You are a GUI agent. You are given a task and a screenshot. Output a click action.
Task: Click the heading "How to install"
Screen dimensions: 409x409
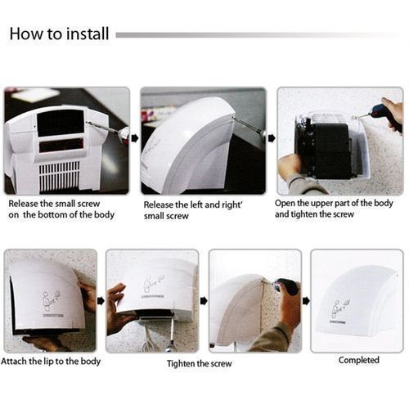coord(59,34)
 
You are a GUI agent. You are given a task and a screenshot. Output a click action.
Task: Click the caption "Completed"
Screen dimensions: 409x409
coord(359,360)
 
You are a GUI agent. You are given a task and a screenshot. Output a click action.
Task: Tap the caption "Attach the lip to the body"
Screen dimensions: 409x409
coord(51,362)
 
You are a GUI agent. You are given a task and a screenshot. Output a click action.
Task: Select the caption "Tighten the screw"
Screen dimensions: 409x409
coord(200,363)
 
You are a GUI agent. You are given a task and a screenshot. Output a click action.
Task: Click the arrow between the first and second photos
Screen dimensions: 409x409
coord(134,138)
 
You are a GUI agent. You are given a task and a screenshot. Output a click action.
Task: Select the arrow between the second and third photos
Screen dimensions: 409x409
coord(272,138)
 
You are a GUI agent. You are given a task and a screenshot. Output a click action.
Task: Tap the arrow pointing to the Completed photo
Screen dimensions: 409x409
coord(306,301)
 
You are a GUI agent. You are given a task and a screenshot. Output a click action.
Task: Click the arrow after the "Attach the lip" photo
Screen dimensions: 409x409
coord(101,301)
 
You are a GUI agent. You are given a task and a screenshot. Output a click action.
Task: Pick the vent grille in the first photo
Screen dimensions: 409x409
coord(60,176)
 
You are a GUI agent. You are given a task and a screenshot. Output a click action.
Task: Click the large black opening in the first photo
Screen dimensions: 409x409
coord(61,124)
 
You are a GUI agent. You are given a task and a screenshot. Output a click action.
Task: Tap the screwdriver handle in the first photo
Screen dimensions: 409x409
coord(124,136)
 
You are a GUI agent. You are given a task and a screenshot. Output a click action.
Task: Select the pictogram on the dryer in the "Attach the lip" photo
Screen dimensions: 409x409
coord(52,300)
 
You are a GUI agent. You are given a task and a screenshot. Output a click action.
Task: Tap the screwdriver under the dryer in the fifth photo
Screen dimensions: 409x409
coord(171,336)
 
